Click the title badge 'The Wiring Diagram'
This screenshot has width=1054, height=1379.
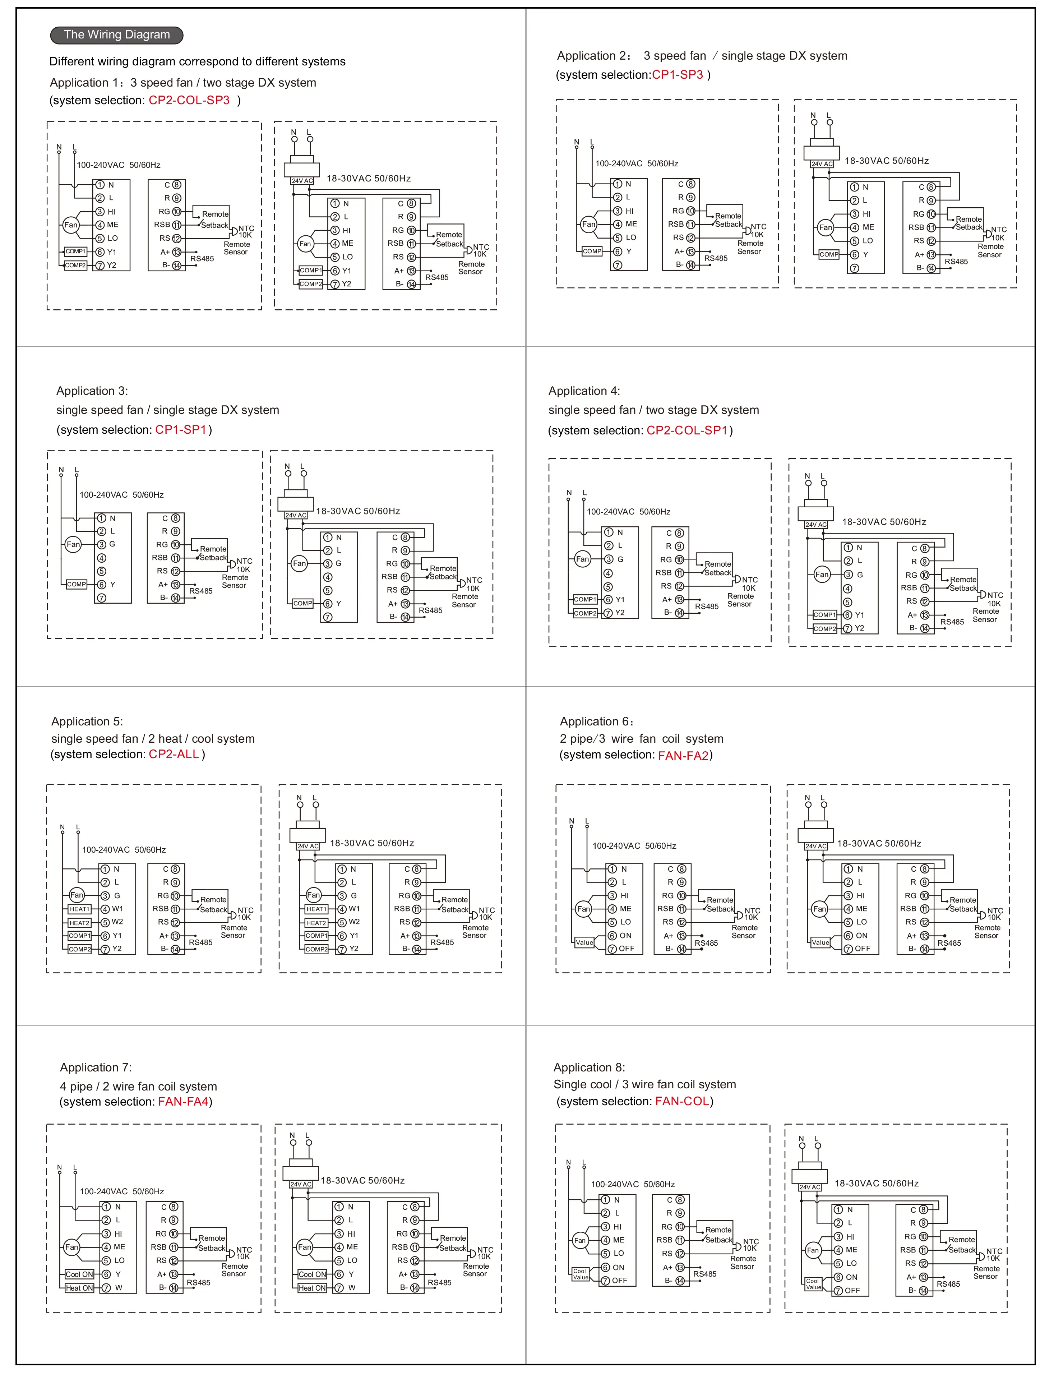pyautogui.click(x=117, y=35)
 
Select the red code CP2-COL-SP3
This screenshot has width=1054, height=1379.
pyautogui.click(x=189, y=100)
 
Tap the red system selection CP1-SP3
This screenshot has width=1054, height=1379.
pyautogui.click(x=678, y=75)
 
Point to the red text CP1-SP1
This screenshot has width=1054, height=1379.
pyautogui.click(x=181, y=430)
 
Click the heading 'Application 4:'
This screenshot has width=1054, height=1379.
pyautogui.click(x=583, y=391)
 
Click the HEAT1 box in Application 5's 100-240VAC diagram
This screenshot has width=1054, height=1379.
pyautogui.click(x=80, y=909)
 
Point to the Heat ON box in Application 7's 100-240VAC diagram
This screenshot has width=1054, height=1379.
pyautogui.click(x=79, y=1288)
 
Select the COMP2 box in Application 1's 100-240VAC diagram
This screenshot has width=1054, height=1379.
pyautogui.click(x=75, y=266)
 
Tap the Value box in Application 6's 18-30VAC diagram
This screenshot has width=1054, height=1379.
pyautogui.click(x=820, y=942)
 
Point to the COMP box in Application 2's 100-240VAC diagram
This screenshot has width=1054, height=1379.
pyautogui.click(x=592, y=251)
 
